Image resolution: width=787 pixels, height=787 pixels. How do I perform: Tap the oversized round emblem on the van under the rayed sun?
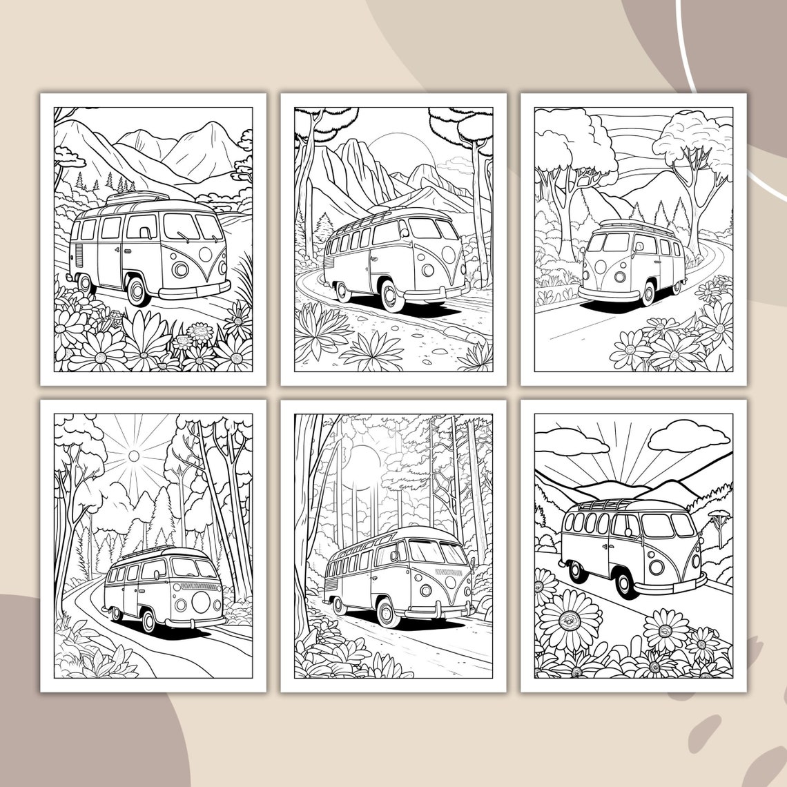(202, 602)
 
